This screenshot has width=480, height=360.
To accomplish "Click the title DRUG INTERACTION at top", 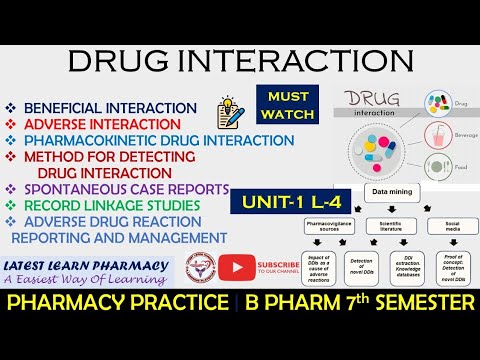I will (240, 62).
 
